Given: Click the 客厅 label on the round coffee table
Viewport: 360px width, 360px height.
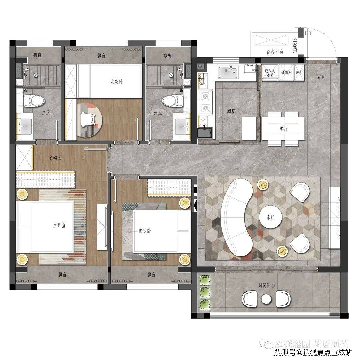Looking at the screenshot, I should click(x=270, y=217).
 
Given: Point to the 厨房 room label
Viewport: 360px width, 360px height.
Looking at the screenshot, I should click(x=231, y=111).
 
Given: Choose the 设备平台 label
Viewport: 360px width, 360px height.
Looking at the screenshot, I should click(x=275, y=52).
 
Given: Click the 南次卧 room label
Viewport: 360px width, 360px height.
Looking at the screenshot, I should click(x=145, y=231).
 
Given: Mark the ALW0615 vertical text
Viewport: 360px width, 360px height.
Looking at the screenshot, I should click(x=294, y=46).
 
